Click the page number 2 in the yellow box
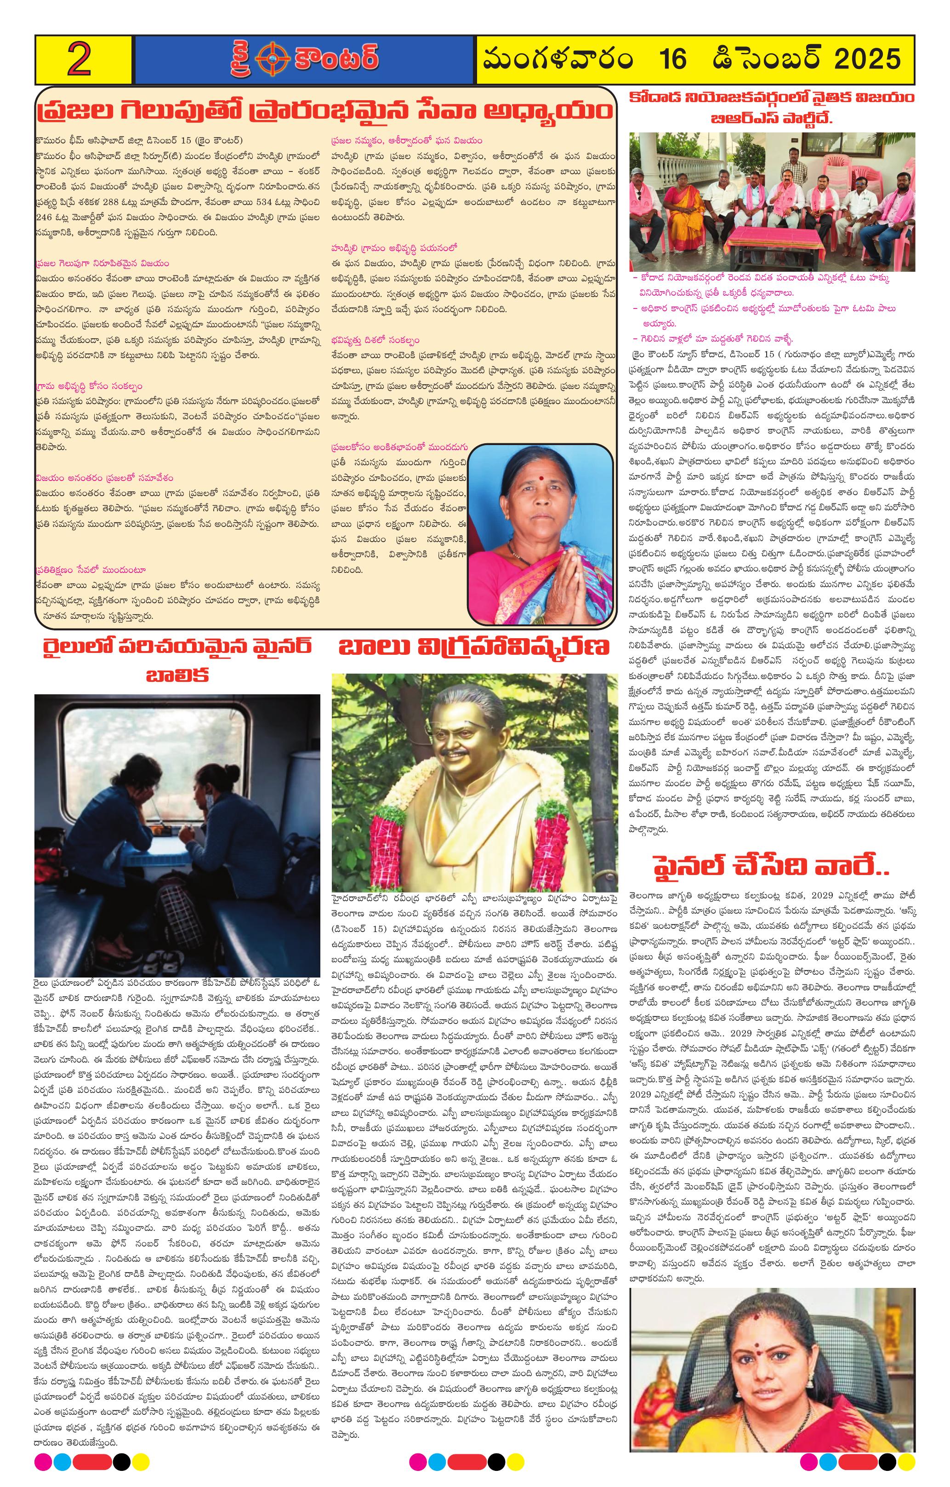(80, 59)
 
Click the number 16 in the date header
(672, 59)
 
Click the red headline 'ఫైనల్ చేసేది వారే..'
(771, 866)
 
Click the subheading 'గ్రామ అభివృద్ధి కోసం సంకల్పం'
(89, 386)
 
